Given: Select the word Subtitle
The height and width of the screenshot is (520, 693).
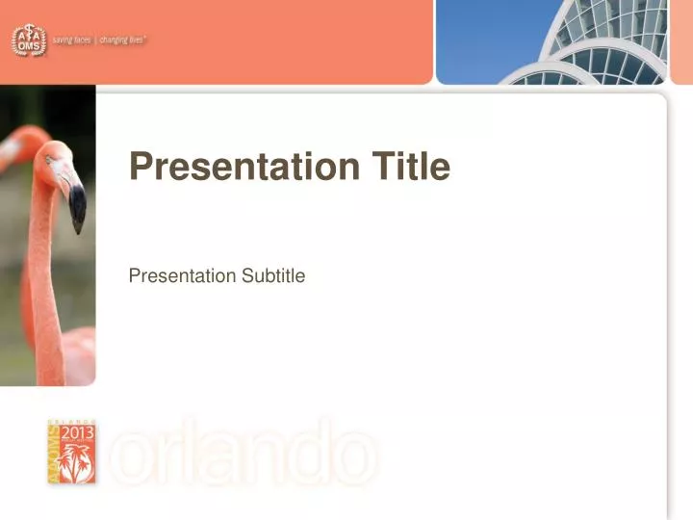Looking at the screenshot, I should (272, 276).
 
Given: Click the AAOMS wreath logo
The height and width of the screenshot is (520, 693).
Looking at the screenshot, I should (27, 39).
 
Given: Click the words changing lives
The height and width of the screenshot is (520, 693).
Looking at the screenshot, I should (127, 40).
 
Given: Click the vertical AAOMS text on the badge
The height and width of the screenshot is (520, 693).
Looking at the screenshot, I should (54, 453).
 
